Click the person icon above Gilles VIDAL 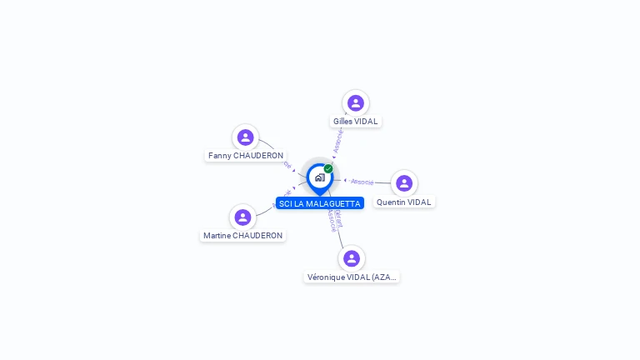356,103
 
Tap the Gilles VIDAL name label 356,122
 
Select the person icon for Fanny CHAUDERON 245,137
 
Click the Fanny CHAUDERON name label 246,156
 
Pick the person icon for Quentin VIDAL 404,183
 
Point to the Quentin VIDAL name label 404,202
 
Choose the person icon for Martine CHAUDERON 242,217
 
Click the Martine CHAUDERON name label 243,236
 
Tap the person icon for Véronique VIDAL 352,258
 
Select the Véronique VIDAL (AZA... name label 352,277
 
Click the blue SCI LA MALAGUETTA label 320,203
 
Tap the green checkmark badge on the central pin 328,168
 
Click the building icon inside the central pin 319,177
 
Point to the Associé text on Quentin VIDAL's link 362,181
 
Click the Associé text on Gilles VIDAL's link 338,140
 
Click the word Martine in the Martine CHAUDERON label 216,236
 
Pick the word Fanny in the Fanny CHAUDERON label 219,156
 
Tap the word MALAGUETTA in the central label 333,203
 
